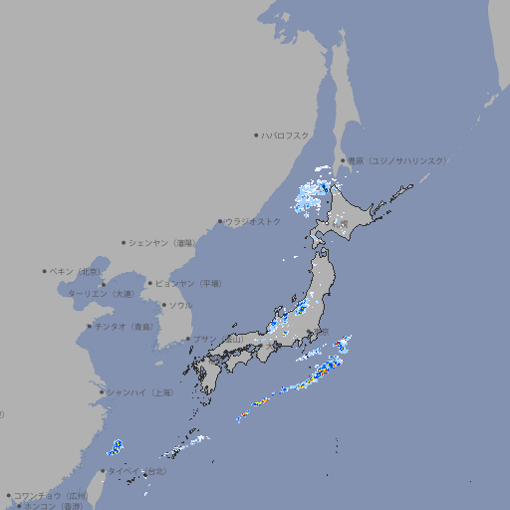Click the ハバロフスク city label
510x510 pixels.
coord(286,134)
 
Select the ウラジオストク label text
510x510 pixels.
coord(253,221)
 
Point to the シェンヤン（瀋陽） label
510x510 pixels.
coord(159,242)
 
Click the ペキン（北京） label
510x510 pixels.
coord(76,271)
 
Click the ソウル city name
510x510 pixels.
coord(180,305)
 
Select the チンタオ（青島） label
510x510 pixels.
coord(124,327)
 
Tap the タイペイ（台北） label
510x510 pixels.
coord(136,471)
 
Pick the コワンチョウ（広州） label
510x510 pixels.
coord(51,495)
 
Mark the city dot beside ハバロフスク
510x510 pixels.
coord(256,134)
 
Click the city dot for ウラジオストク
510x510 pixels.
coord(220,221)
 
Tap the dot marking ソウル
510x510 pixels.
coord(163,305)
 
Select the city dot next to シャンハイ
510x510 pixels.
coord(102,392)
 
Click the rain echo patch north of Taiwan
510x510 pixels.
coord(117,447)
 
